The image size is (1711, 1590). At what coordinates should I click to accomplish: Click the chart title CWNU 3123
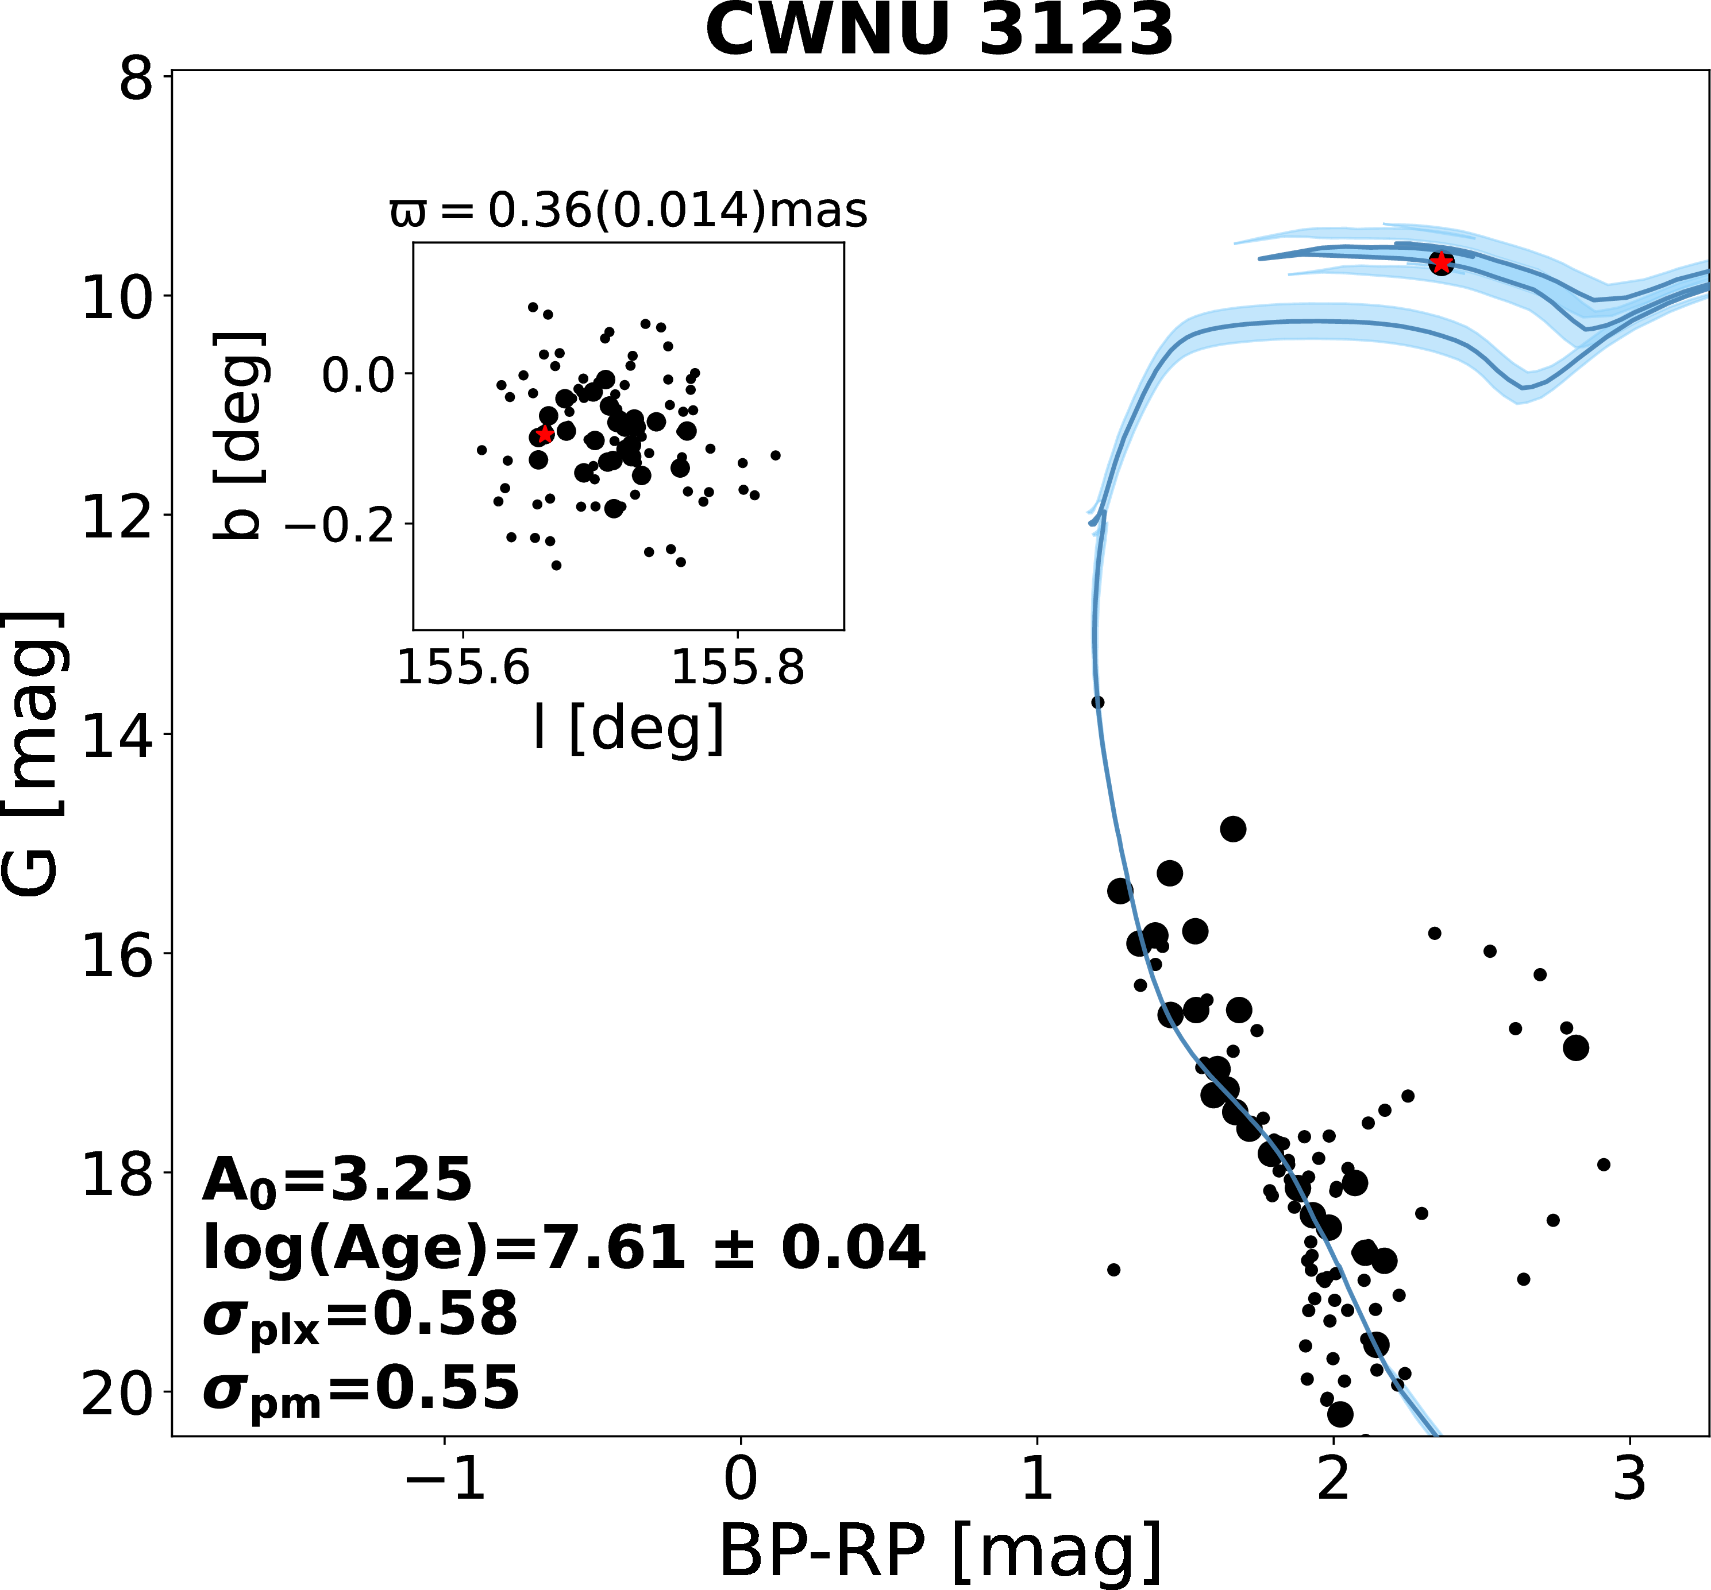[939, 31]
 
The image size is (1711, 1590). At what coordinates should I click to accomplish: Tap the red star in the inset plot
[544, 435]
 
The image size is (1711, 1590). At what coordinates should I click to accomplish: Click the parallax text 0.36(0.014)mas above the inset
[629, 211]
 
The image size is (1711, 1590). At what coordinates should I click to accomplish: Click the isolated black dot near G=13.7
[1097, 702]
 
